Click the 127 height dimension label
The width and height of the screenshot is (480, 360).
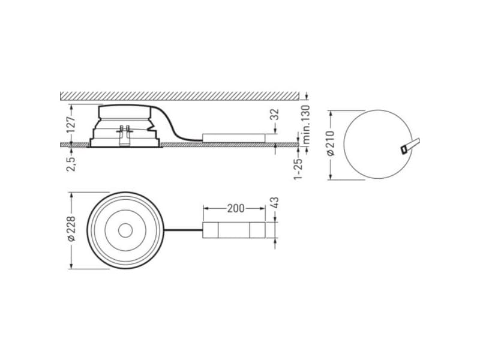[71, 124]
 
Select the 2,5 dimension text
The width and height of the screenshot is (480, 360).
[71, 164]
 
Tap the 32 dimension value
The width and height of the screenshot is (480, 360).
[275, 114]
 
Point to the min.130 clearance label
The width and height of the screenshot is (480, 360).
[306, 125]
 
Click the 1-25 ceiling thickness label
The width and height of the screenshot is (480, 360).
[298, 168]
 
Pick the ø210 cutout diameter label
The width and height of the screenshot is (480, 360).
[331, 143]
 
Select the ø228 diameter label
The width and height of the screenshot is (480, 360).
[71, 229]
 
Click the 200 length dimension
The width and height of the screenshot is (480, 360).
[236, 208]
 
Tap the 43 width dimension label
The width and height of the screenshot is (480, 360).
[275, 203]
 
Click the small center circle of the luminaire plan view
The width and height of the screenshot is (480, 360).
[125, 230]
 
